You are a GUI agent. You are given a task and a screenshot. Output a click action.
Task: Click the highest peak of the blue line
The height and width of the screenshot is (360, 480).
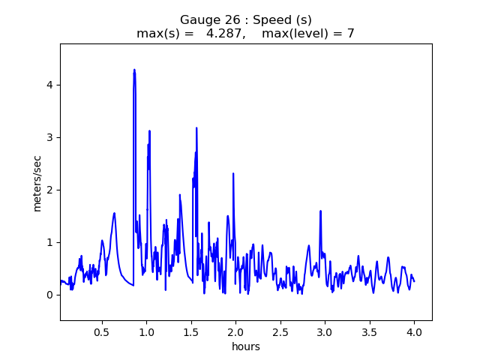point(134,70)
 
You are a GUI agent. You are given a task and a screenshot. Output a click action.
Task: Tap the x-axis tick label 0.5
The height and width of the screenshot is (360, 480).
point(101,331)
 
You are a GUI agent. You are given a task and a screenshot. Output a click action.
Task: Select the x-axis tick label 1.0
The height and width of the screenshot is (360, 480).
point(146,331)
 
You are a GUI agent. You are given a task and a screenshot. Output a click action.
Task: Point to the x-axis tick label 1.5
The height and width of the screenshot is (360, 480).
point(190,331)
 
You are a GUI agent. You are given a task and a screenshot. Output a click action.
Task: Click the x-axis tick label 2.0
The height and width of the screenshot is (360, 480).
point(235,331)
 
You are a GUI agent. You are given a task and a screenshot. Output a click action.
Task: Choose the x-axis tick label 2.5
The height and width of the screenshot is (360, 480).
point(280,331)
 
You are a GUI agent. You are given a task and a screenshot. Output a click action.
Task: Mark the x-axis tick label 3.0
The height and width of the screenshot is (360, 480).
point(325,331)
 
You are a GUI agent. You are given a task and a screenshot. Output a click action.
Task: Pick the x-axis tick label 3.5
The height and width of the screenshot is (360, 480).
point(369,331)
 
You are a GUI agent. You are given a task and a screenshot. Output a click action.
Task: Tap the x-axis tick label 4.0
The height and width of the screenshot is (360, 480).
point(414,331)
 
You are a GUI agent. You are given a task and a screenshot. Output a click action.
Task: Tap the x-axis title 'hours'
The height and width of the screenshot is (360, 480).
point(246,346)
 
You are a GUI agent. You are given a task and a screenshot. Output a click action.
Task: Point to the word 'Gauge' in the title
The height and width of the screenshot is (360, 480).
point(199,19)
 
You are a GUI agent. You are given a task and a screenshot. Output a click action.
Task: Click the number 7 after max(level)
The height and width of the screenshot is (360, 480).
point(350,34)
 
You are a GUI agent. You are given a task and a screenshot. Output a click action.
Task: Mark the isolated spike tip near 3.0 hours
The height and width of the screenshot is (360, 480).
point(320,211)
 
